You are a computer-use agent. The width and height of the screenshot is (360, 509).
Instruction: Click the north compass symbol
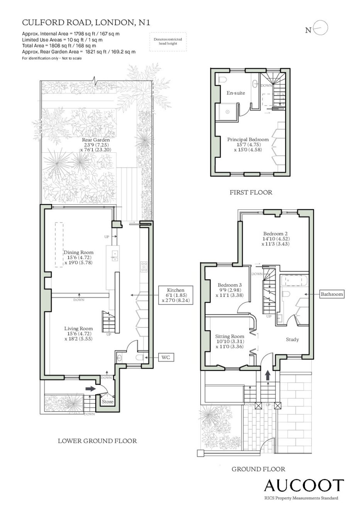[320, 28]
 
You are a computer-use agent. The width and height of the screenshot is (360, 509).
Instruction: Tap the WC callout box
[166, 357]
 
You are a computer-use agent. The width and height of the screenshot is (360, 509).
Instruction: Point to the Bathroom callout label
[331, 294]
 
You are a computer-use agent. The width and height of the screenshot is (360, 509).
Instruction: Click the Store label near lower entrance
[107, 401]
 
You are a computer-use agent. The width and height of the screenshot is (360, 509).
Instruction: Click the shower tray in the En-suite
[227, 111]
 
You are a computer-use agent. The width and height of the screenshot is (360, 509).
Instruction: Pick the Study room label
[292, 339]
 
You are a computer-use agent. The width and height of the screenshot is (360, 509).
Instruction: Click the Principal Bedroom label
[248, 140]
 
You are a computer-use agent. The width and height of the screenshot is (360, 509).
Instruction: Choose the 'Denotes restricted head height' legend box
[168, 42]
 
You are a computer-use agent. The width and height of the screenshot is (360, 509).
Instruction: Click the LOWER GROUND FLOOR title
[97, 441]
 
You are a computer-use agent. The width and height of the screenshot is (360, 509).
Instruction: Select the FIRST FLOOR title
[251, 192]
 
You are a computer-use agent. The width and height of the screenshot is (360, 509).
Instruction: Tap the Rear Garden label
[96, 140]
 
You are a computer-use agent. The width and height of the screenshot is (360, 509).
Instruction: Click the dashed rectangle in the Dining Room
[59, 244]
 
